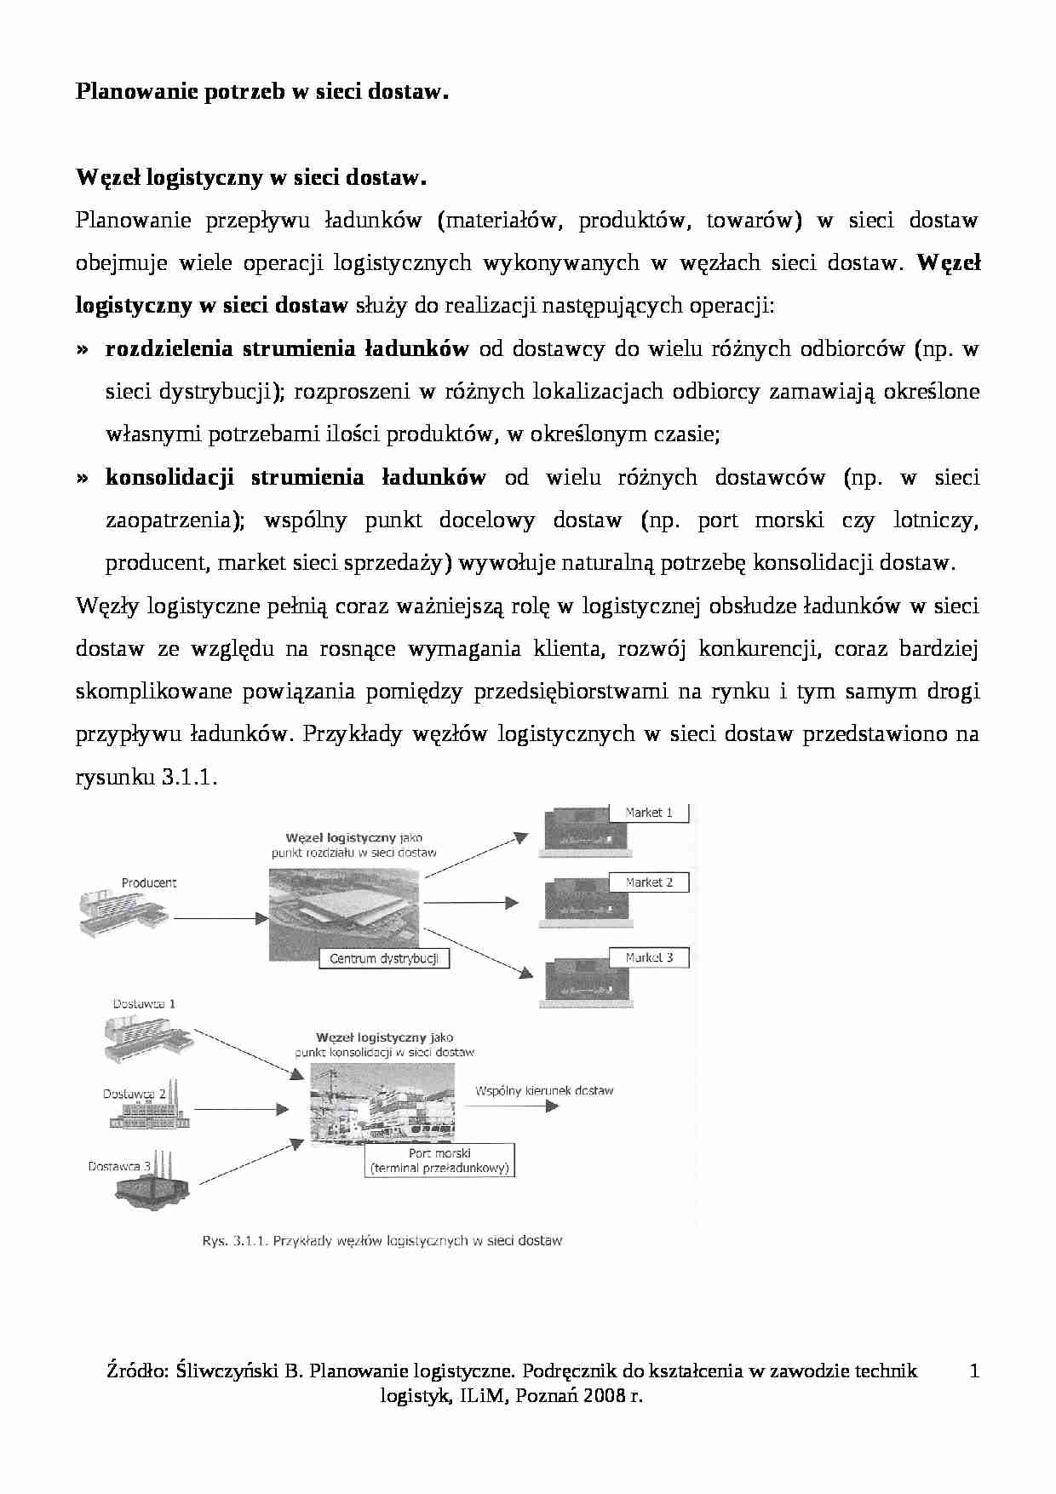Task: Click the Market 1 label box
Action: tap(649, 813)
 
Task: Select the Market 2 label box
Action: tap(649, 882)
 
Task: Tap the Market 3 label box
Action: tap(649, 958)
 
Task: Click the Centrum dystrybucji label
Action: tap(384, 959)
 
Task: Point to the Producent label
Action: tap(149, 883)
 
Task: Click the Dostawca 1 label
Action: tap(144, 1004)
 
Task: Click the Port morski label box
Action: tap(440, 1161)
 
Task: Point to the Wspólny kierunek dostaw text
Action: tap(544, 1090)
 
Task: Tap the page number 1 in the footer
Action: tap(974, 1370)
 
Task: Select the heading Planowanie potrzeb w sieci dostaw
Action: tap(261, 92)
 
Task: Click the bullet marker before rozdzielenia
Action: tap(83, 349)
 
